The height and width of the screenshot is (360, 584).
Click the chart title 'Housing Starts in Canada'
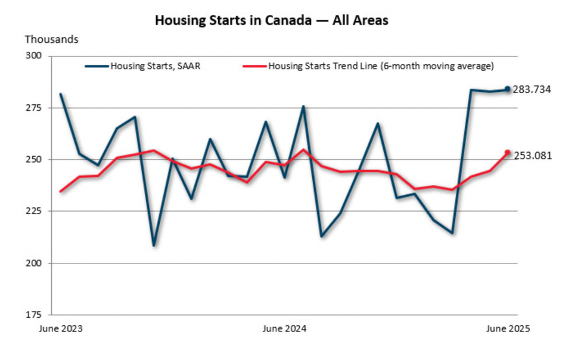271,20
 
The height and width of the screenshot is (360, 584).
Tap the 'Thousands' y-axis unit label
51,39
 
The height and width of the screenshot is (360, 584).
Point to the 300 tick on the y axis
35,57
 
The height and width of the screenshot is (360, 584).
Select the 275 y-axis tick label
35,108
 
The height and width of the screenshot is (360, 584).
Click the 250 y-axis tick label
35,160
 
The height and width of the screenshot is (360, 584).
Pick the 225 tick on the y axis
35,211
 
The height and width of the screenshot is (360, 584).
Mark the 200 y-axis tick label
35,263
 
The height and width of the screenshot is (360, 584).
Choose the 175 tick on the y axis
35,314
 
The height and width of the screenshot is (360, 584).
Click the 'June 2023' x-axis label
61,328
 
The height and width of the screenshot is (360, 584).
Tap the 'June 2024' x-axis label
285,328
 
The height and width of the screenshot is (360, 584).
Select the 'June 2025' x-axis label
507,328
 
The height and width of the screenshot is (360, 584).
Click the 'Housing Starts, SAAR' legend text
155,66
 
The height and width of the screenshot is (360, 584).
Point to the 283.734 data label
532,90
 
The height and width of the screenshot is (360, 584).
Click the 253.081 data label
532,156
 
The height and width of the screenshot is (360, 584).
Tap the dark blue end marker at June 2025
508,89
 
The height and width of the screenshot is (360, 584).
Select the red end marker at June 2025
508,153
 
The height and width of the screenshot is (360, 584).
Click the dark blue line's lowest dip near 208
154,245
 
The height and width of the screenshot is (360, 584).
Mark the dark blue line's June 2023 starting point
61,94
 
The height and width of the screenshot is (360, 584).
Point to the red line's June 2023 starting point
61,191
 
